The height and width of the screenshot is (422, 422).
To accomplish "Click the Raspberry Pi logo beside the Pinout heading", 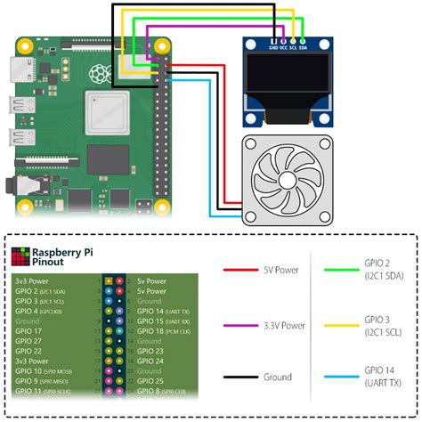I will [x=19, y=258].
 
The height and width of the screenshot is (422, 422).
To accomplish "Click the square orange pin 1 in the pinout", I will [x=108, y=280].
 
